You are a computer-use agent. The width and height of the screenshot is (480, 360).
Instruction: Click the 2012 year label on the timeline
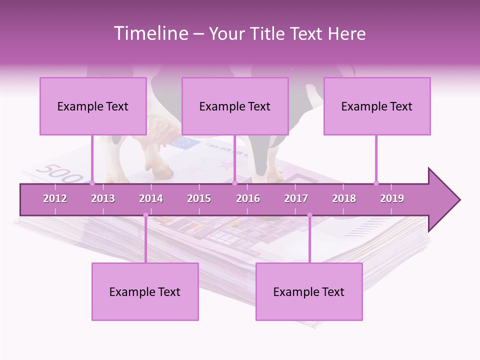[x=55, y=198]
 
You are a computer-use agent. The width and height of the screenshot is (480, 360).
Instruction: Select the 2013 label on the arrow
[x=103, y=198]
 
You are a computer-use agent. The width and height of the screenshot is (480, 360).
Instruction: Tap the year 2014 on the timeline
[x=151, y=198]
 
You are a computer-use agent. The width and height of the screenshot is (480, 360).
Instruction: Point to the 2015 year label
[x=199, y=198]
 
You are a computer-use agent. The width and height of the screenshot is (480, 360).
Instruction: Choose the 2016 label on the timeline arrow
[x=248, y=198]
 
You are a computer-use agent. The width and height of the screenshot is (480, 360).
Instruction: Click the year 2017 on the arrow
[x=296, y=198]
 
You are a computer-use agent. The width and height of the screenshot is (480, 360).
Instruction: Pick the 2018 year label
[x=344, y=198]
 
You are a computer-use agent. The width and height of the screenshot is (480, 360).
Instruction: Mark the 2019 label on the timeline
[x=392, y=198]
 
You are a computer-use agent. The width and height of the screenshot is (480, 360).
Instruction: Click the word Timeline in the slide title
[x=150, y=33]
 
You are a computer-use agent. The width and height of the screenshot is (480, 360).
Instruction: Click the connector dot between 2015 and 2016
[x=234, y=183]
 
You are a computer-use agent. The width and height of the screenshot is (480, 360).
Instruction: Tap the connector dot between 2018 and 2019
[x=376, y=183]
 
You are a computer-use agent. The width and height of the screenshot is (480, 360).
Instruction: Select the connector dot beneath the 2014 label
[x=145, y=215]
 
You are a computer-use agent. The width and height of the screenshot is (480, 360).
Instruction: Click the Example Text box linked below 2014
[x=145, y=291]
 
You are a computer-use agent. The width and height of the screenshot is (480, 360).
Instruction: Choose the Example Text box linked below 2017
[x=309, y=291]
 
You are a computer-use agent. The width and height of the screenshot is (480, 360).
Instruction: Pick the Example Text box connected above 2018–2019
[x=377, y=106]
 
